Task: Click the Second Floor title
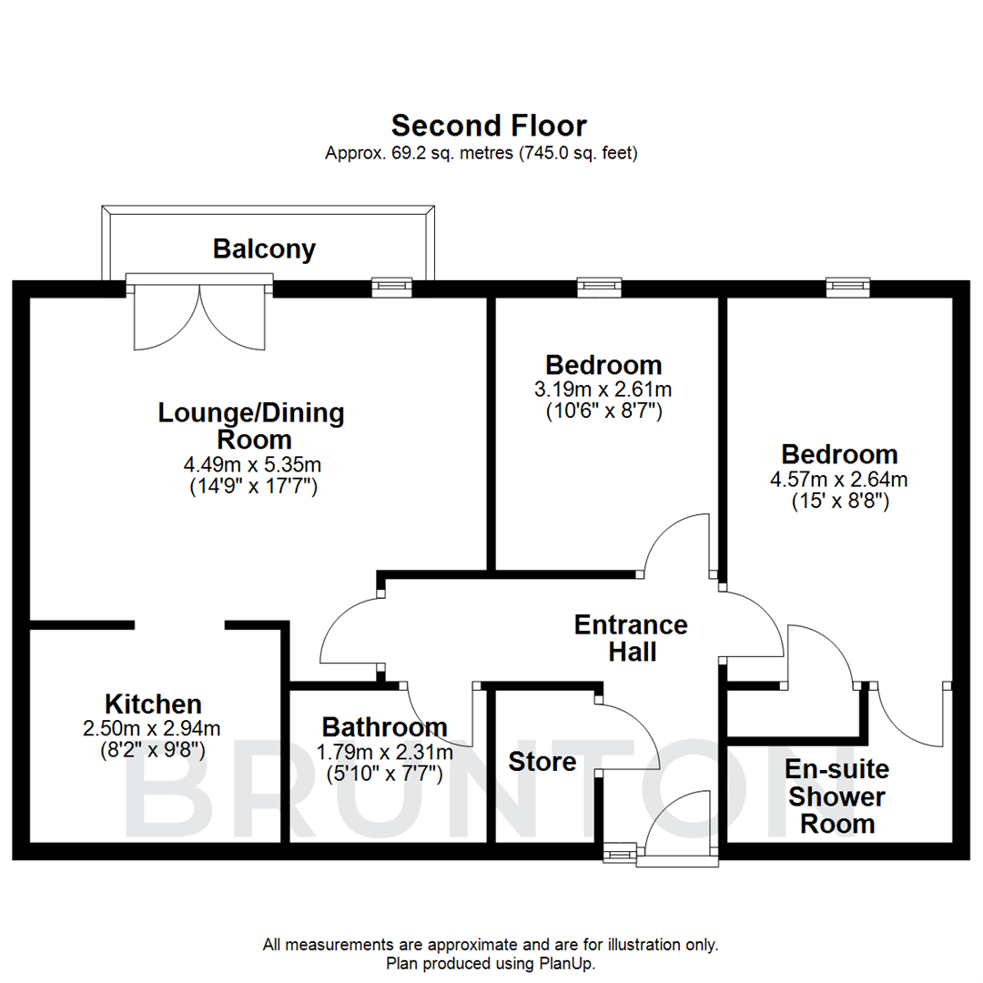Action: pos(489,125)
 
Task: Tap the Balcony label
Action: pos(264,248)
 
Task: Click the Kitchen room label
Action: pos(153,704)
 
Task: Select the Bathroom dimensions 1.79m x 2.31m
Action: pos(384,753)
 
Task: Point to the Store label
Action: pos(542,761)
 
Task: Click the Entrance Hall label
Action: pos(631,638)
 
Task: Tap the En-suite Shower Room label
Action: pos(836,796)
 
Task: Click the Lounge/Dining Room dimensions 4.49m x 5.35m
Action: pos(252,465)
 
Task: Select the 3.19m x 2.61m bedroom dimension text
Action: pos(602,390)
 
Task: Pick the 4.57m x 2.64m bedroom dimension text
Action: pos(839,479)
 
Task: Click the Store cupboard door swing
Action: pos(628,734)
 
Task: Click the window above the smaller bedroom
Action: pos(599,288)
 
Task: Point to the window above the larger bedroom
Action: pos(847,288)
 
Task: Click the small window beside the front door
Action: pos(621,854)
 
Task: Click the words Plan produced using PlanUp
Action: pos(491,963)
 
